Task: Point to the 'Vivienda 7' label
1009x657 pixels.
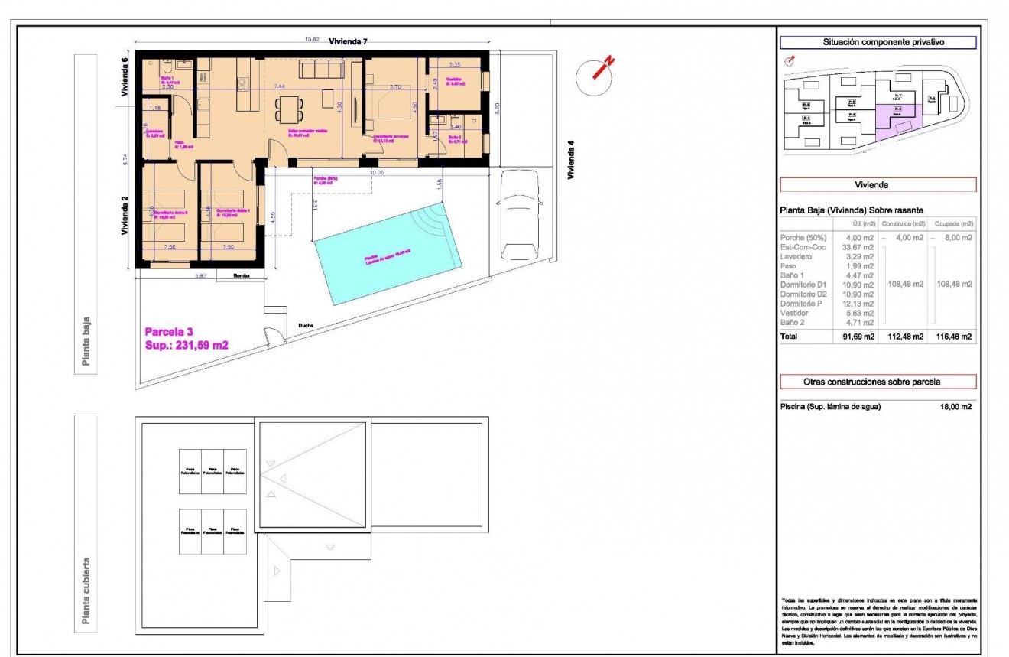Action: coord(348,41)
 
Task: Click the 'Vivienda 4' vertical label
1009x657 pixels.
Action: coord(570,159)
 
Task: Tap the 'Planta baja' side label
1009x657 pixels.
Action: coord(86,341)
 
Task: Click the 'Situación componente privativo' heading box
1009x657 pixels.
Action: coord(878,43)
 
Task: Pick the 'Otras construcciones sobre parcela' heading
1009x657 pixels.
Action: coord(878,382)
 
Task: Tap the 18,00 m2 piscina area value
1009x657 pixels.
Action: coord(956,407)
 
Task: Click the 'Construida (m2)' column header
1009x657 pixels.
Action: coord(903,223)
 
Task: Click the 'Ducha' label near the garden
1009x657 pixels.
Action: coord(306,326)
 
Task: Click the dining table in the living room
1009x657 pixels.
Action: coord(287,109)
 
